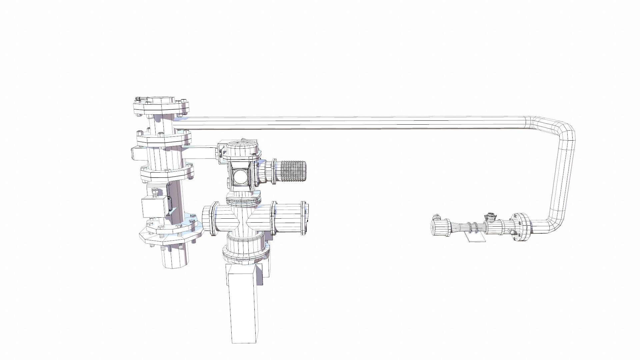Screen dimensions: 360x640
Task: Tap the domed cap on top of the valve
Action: pyautogui.click(x=241, y=147)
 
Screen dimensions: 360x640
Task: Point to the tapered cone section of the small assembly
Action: pyautogui.click(x=457, y=227)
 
